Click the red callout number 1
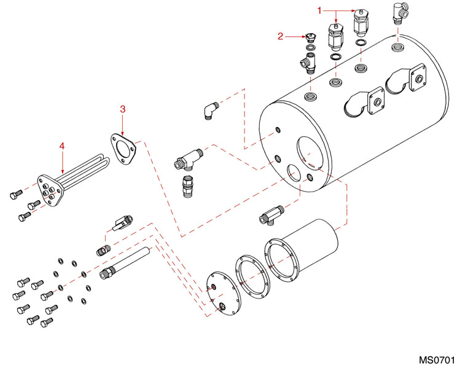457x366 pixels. point(319,10)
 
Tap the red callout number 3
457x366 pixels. point(122,109)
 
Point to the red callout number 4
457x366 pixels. point(61,146)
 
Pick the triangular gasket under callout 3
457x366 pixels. point(123,146)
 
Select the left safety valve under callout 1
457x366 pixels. point(335,37)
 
